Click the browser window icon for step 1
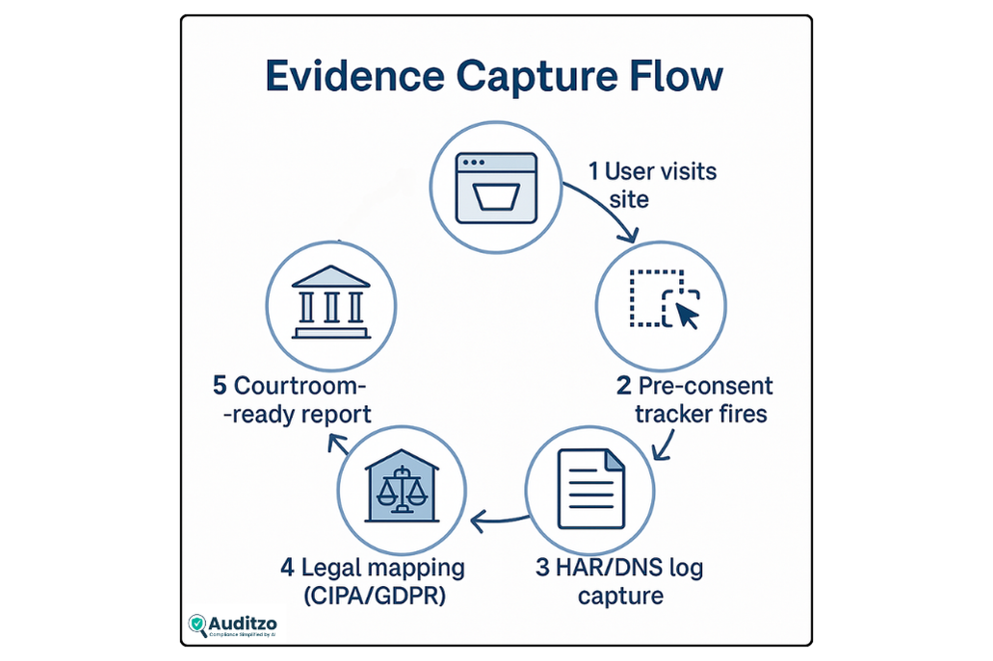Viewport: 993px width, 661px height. (495, 189)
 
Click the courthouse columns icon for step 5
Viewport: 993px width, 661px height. (330, 301)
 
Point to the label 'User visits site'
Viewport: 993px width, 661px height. (652, 185)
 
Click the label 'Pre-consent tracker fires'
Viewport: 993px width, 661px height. (694, 400)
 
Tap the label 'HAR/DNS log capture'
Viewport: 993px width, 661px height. (619, 580)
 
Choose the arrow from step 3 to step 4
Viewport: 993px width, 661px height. (498, 521)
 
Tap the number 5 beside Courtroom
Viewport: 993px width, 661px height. (221, 387)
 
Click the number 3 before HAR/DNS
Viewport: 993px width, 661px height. (543, 567)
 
